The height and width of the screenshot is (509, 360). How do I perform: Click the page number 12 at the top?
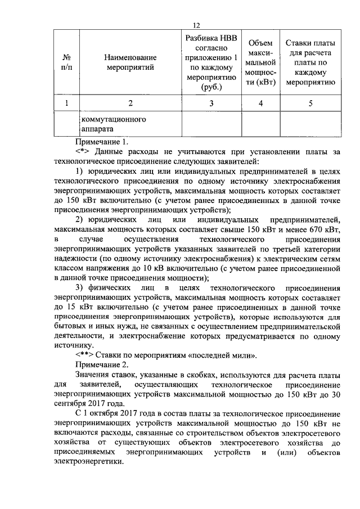tap(197, 25)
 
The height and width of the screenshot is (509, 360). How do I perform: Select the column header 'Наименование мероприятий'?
tap(130, 62)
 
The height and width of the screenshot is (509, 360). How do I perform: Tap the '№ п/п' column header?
tap(66, 62)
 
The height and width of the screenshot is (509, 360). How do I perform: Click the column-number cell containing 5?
tap(310, 103)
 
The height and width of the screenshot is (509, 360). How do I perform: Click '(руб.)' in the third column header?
tap(211, 87)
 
